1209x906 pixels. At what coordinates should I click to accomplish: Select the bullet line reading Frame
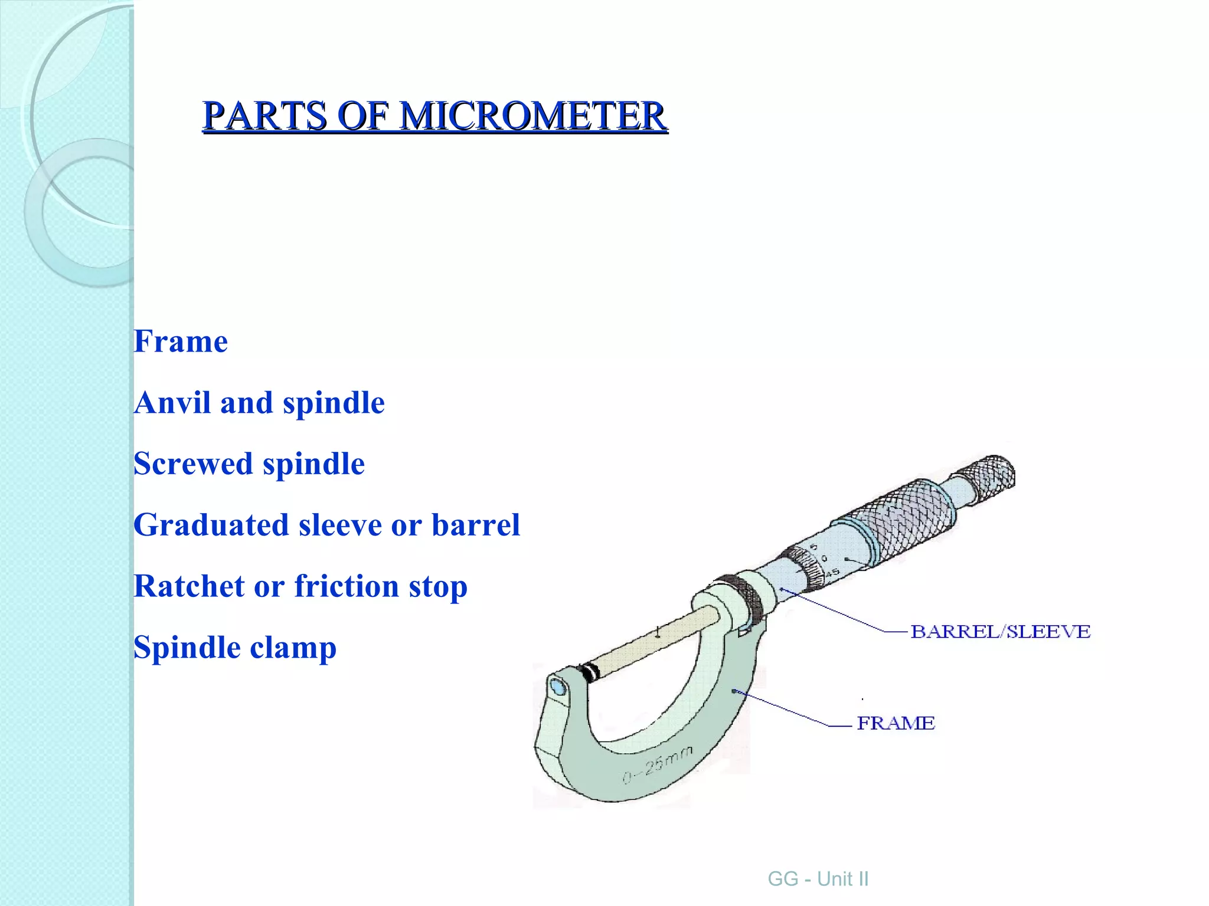click(181, 342)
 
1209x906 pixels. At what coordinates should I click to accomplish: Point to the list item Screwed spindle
click(249, 464)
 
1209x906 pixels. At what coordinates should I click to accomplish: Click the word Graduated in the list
click(211, 525)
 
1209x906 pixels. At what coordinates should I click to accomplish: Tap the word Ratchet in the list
click(189, 586)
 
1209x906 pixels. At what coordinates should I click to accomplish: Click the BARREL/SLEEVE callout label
click(1000, 632)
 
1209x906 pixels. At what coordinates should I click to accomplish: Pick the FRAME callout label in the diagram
click(896, 723)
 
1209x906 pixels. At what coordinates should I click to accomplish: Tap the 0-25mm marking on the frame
click(657, 764)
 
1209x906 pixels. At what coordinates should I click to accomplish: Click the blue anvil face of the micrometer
click(557, 688)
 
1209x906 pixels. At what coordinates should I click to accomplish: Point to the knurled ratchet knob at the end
click(992, 475)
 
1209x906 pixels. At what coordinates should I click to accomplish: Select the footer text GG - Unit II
click(818, 879)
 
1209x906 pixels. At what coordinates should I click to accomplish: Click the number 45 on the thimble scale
click(832, 573)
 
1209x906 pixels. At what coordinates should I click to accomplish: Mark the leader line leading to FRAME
click(785, 708)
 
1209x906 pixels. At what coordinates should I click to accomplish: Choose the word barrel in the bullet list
click(476, 525)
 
